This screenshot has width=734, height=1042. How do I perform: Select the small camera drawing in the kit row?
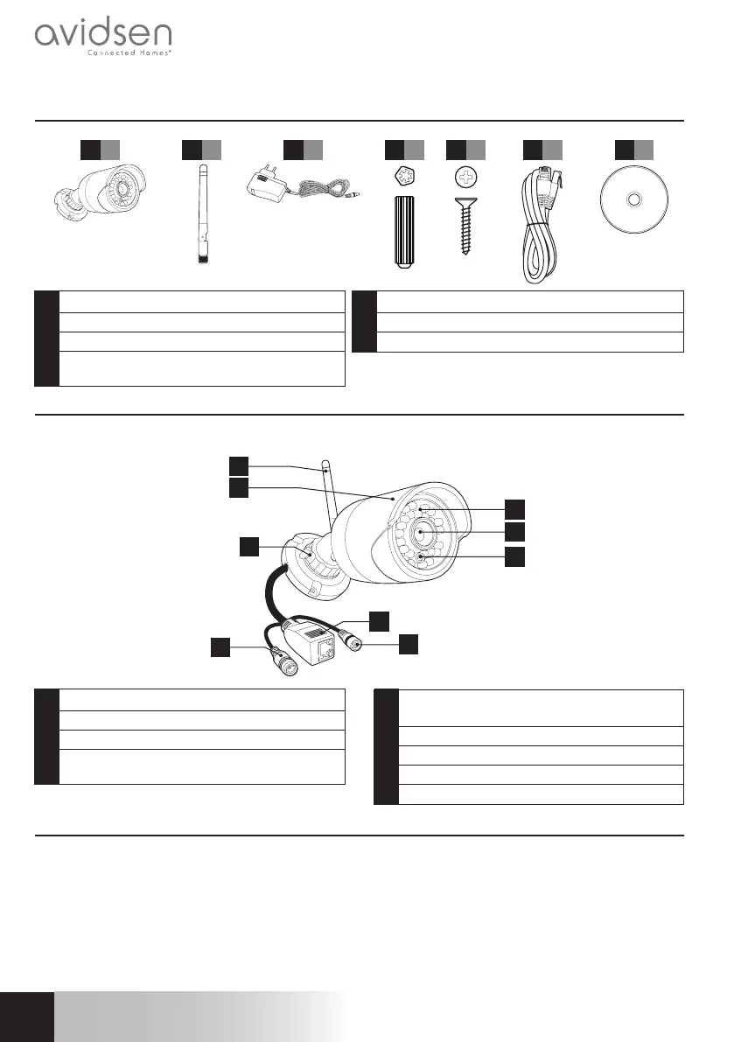[x=97, y=198]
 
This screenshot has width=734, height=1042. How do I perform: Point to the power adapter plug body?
[x=263, y=185]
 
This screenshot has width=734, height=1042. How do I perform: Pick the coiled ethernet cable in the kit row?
[x=541, y=227]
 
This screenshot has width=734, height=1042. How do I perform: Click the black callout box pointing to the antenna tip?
[x=238, y=465]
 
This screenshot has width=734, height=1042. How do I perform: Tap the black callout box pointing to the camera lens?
[x=515, y=531]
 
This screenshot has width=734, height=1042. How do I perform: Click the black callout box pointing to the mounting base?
[x=249, y=547]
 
